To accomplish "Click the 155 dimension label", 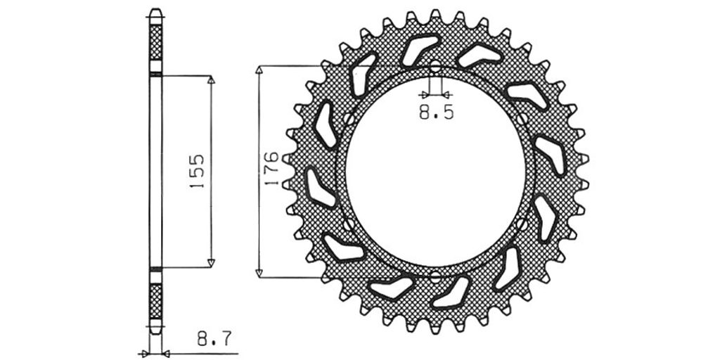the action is click(197, 172).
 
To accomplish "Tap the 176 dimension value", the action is click(271, 168).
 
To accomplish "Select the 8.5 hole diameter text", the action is click(436, 112).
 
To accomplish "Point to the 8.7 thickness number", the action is click(214, 340).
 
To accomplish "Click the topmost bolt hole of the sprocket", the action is click(435, 67).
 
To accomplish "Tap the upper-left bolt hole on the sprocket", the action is click(349, 120).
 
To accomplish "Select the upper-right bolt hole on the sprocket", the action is click(522, 120).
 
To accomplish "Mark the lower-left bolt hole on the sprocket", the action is click(349, 224).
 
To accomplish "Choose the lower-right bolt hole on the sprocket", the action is click(522, 224).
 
